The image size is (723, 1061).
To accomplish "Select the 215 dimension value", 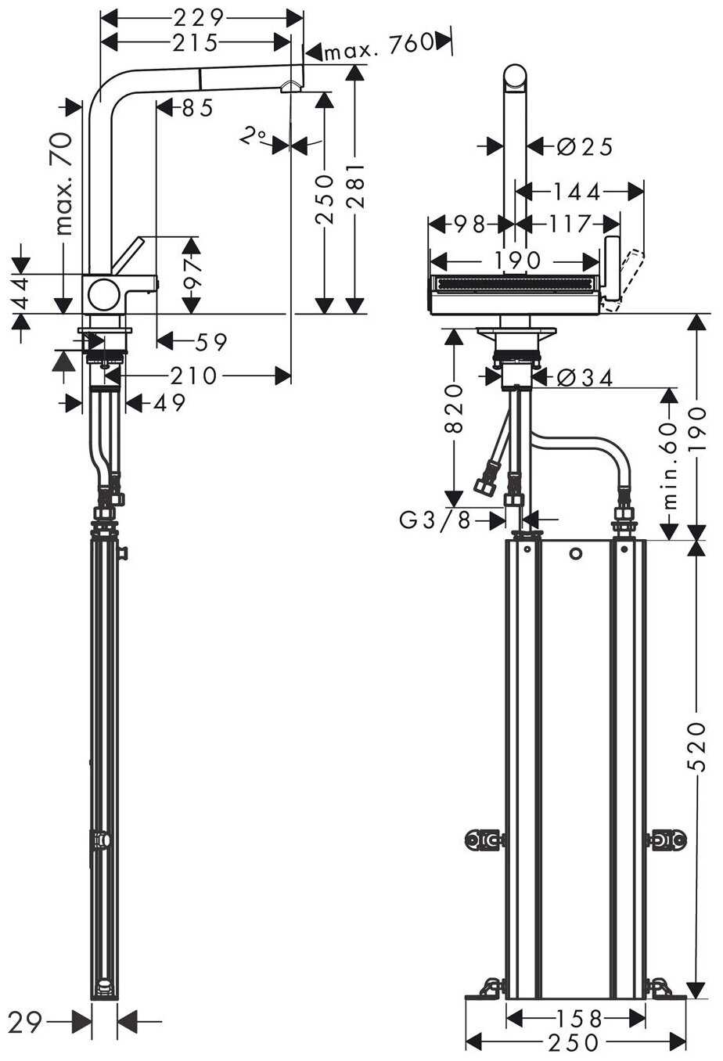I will point(195,42).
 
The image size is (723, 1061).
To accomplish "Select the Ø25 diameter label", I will point(585,146).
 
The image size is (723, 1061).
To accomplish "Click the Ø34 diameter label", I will point(585,378).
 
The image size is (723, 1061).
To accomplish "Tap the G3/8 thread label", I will point(436,520).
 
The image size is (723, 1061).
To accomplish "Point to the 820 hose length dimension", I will point(455,411).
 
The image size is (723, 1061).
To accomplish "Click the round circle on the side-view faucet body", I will point(103,295).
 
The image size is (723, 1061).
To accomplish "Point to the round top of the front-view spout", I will point(516,77).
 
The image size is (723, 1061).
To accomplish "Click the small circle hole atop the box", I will point(577,555).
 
